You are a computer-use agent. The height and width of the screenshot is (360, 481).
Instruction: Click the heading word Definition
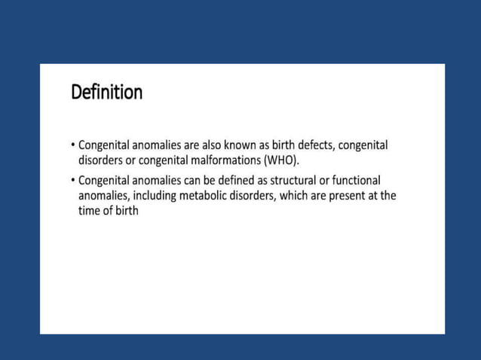point(106,93)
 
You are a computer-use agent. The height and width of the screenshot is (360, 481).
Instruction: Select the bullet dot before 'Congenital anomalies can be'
point(72,181)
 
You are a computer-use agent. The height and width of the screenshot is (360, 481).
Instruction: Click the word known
point(240,145)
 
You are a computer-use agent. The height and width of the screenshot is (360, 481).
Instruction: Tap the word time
point(90,211)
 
